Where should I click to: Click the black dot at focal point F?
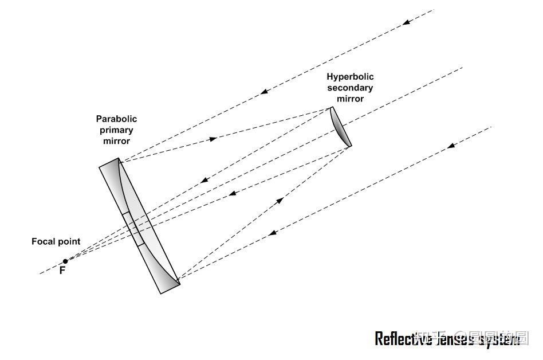(65, 261)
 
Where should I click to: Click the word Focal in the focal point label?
(44, 242)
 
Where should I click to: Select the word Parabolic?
(116, 119)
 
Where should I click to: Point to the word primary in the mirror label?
(116, 130)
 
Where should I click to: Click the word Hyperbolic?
(350, 77)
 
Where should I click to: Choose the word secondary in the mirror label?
(350, 88)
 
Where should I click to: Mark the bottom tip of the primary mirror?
(179, 283)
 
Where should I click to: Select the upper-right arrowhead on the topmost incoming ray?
(406, 22)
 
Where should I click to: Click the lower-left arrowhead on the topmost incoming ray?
(263, 91)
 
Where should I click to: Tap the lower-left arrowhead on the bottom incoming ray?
(273, 233)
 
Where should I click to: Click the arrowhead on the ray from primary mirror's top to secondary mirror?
(213, 139)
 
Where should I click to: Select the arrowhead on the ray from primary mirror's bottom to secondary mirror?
(280, 200)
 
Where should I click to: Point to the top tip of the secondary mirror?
(332, 108)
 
